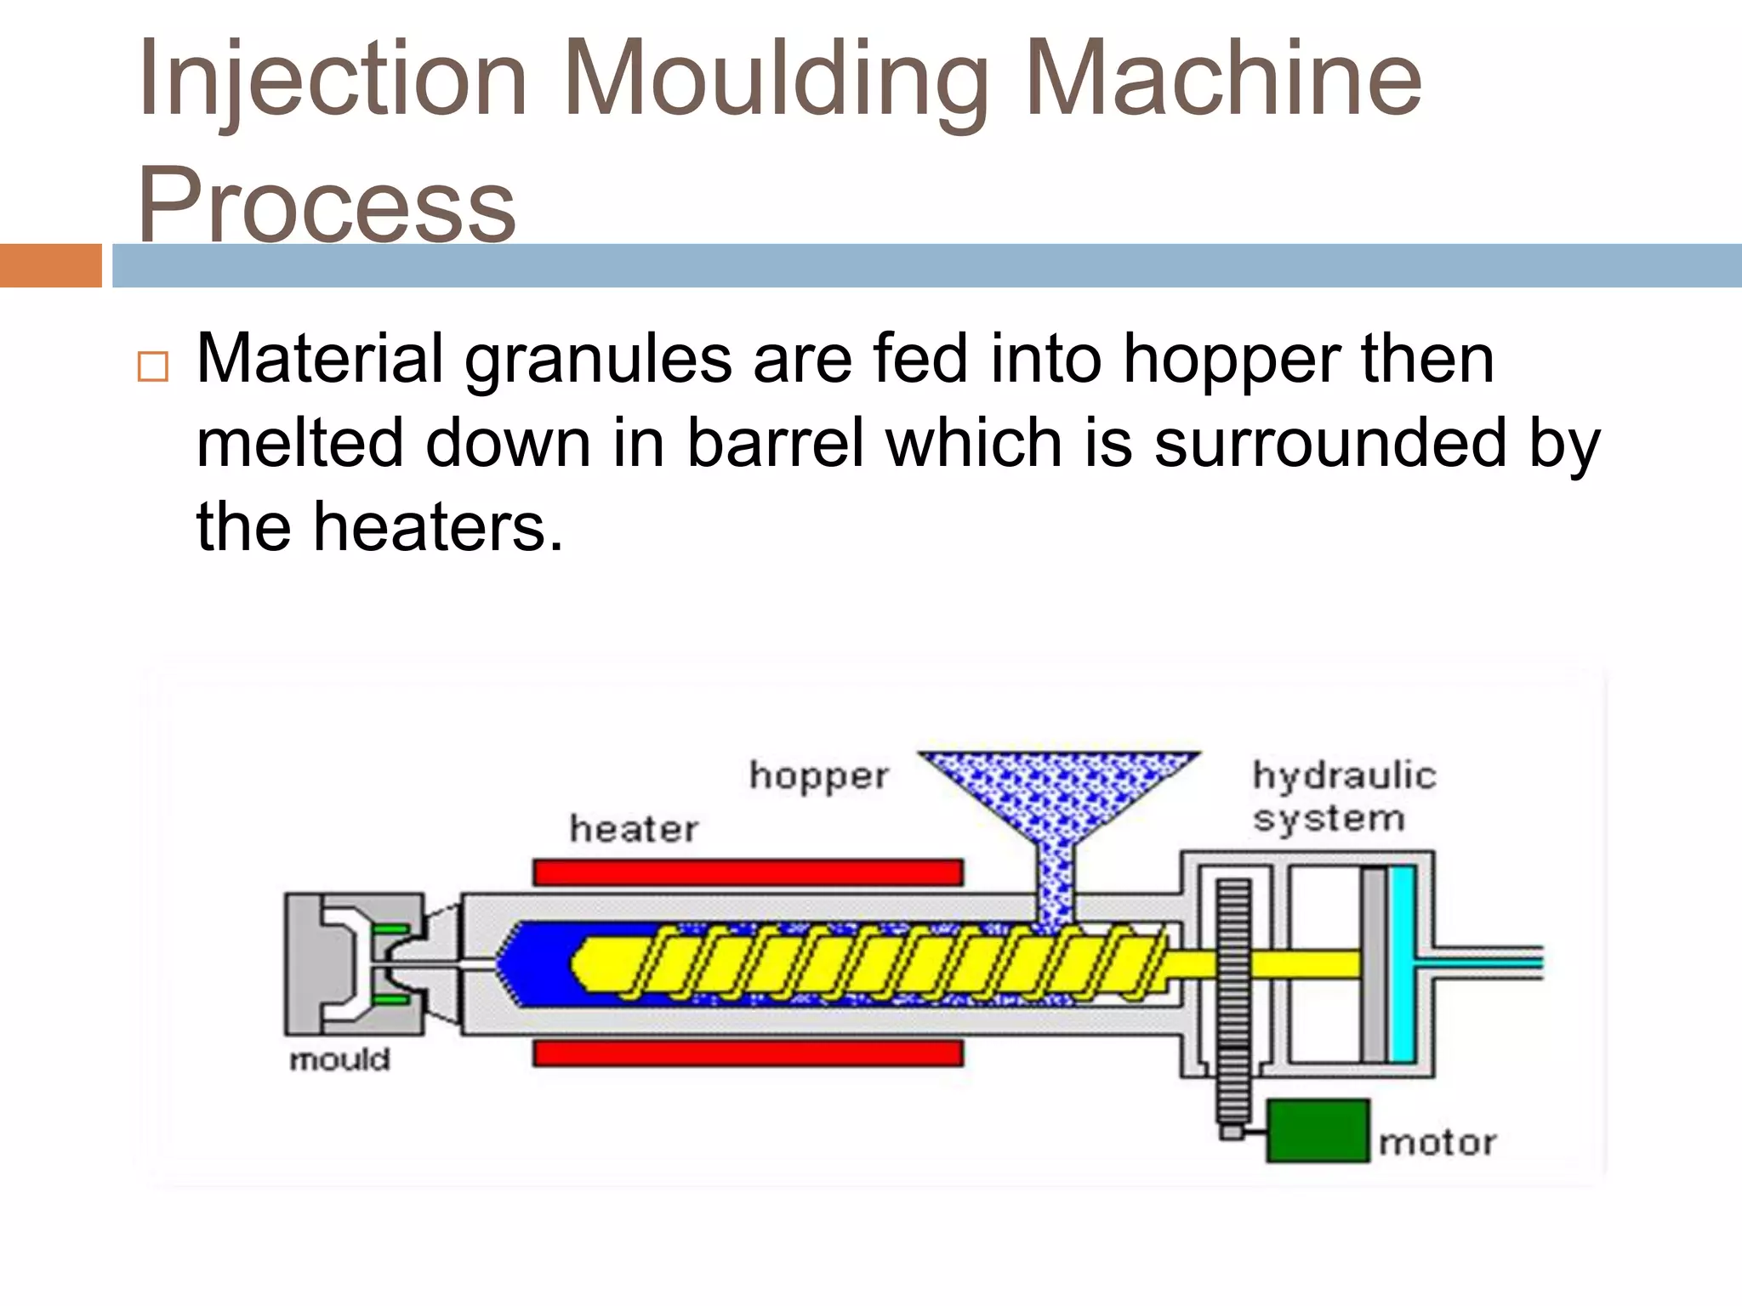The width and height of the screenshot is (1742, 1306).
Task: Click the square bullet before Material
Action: [152, 366]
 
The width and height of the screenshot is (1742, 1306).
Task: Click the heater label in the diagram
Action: [634, 829]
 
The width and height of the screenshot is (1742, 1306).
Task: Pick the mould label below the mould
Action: [339, 1060]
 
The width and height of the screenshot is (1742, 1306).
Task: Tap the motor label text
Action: [1437, 1143]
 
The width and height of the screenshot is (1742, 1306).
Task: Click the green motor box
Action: [1318, 1131]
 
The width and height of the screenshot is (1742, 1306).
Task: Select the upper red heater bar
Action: [748, 872]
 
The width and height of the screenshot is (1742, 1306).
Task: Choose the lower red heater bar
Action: [748, 1054]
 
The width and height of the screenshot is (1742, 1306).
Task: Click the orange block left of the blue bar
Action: [50, 266]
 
